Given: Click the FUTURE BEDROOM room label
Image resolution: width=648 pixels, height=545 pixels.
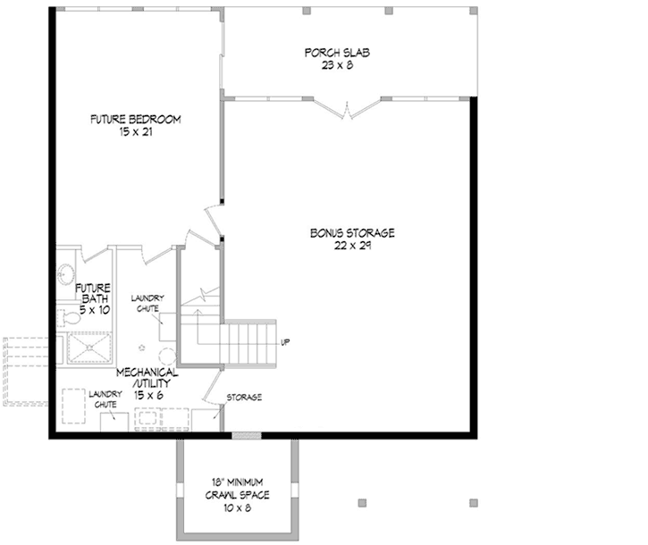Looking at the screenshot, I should tap(136, 119).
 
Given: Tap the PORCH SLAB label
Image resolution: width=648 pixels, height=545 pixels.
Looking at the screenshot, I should tap(336, 53).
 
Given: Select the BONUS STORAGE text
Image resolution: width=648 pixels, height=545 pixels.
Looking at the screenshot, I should tap(353, 233).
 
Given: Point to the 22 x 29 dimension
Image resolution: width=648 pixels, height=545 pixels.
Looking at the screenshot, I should tap(353, 246).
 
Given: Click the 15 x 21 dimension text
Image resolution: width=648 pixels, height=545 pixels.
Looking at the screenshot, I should tap(136, 131).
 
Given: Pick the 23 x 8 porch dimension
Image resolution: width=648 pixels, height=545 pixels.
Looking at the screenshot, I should tap(336, 65).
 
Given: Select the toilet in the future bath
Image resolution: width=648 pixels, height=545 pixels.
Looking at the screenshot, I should tap(68, 316).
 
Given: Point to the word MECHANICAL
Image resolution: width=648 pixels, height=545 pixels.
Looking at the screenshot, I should tap(147, 372).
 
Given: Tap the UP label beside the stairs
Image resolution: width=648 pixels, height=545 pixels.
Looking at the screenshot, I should tap(285, 343).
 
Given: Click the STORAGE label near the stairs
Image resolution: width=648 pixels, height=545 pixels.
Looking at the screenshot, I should tap(244, 398).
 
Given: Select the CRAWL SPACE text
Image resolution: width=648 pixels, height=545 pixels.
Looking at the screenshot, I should tap(237, 494).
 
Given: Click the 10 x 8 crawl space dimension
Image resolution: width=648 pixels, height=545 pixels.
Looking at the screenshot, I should tap(237, 507).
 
